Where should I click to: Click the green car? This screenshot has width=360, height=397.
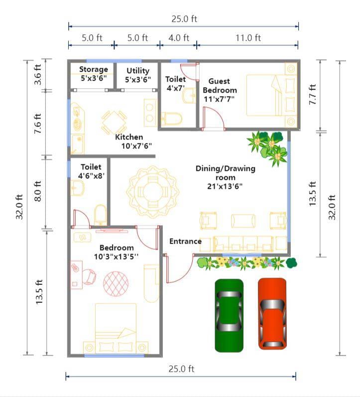tap(229, 315)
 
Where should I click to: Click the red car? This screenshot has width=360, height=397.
tap(272, 313)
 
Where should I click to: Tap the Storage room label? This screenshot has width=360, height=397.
tap(93, 70)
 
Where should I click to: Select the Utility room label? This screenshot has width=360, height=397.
tap(138, 71)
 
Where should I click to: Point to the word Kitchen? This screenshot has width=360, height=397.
tap(129, 137)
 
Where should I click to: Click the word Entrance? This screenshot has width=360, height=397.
tap(185, 242)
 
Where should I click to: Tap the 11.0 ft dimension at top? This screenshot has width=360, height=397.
tap(247, 37)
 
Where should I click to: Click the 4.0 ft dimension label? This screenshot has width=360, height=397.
tap(178, 37)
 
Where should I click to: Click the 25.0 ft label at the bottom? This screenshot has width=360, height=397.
tap(181, 369)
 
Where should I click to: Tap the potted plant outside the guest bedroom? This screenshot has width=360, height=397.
tap(269, 145)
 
